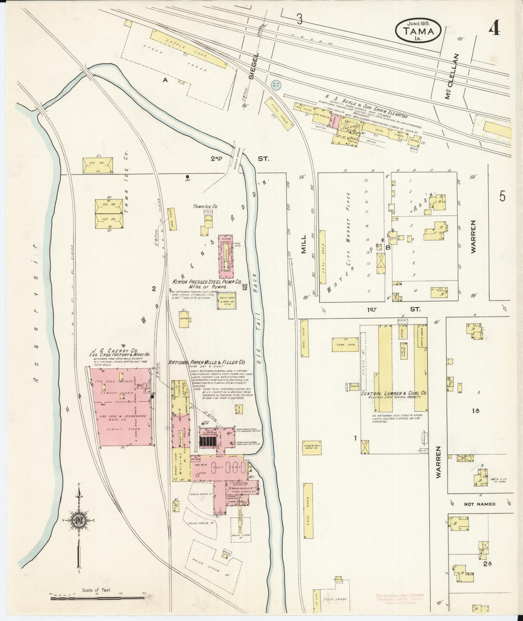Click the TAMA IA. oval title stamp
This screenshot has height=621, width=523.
[418, 30]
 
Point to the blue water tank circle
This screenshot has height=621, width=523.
[276, 85]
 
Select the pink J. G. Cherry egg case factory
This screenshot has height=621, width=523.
[122, 407]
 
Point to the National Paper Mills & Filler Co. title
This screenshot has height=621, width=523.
[207, 362]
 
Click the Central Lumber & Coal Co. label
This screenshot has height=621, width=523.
[394, 393]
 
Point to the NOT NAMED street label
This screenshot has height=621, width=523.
[480, 504]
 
